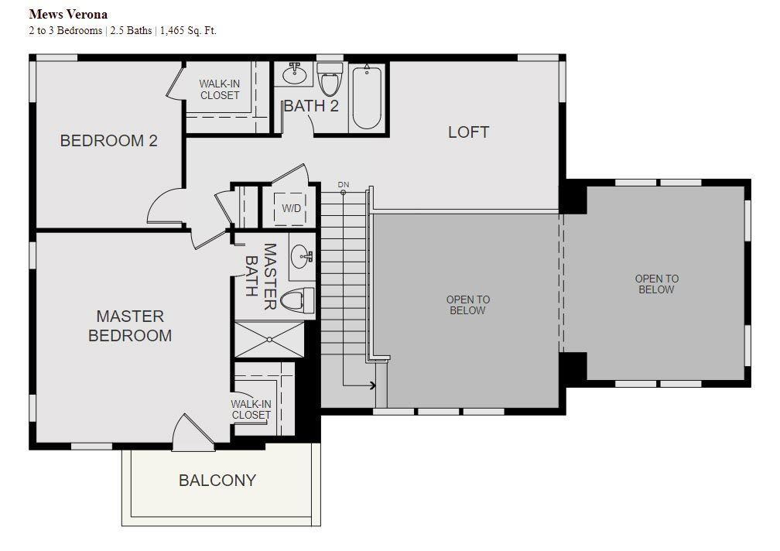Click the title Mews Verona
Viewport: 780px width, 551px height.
[x=68, y=15]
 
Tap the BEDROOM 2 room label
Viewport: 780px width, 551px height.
[x=108, y=141]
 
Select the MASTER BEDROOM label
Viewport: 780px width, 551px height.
[x=130, y=326]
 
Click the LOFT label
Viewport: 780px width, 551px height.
[x=469, y=132]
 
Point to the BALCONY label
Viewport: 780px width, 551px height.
[x=217, y=481]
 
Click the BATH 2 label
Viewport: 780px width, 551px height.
[x=311, y=106]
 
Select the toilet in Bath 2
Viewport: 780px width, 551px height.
[x=330, y=79]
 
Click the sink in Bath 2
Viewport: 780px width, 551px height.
[x=295, y=74]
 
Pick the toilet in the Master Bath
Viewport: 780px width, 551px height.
[x=297, y=300]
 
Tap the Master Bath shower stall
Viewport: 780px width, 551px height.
[x=269, y=340]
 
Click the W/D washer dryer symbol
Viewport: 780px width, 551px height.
[x=291, y=208]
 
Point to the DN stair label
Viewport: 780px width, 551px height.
[x=344, y=184]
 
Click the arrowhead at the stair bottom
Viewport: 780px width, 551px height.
[x=373, y=385]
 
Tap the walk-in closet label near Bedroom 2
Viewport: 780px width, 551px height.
[x=220, y=90]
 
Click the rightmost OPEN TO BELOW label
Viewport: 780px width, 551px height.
[x=657, y=284]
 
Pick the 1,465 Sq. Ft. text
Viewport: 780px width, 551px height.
[x=188, y=31]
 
